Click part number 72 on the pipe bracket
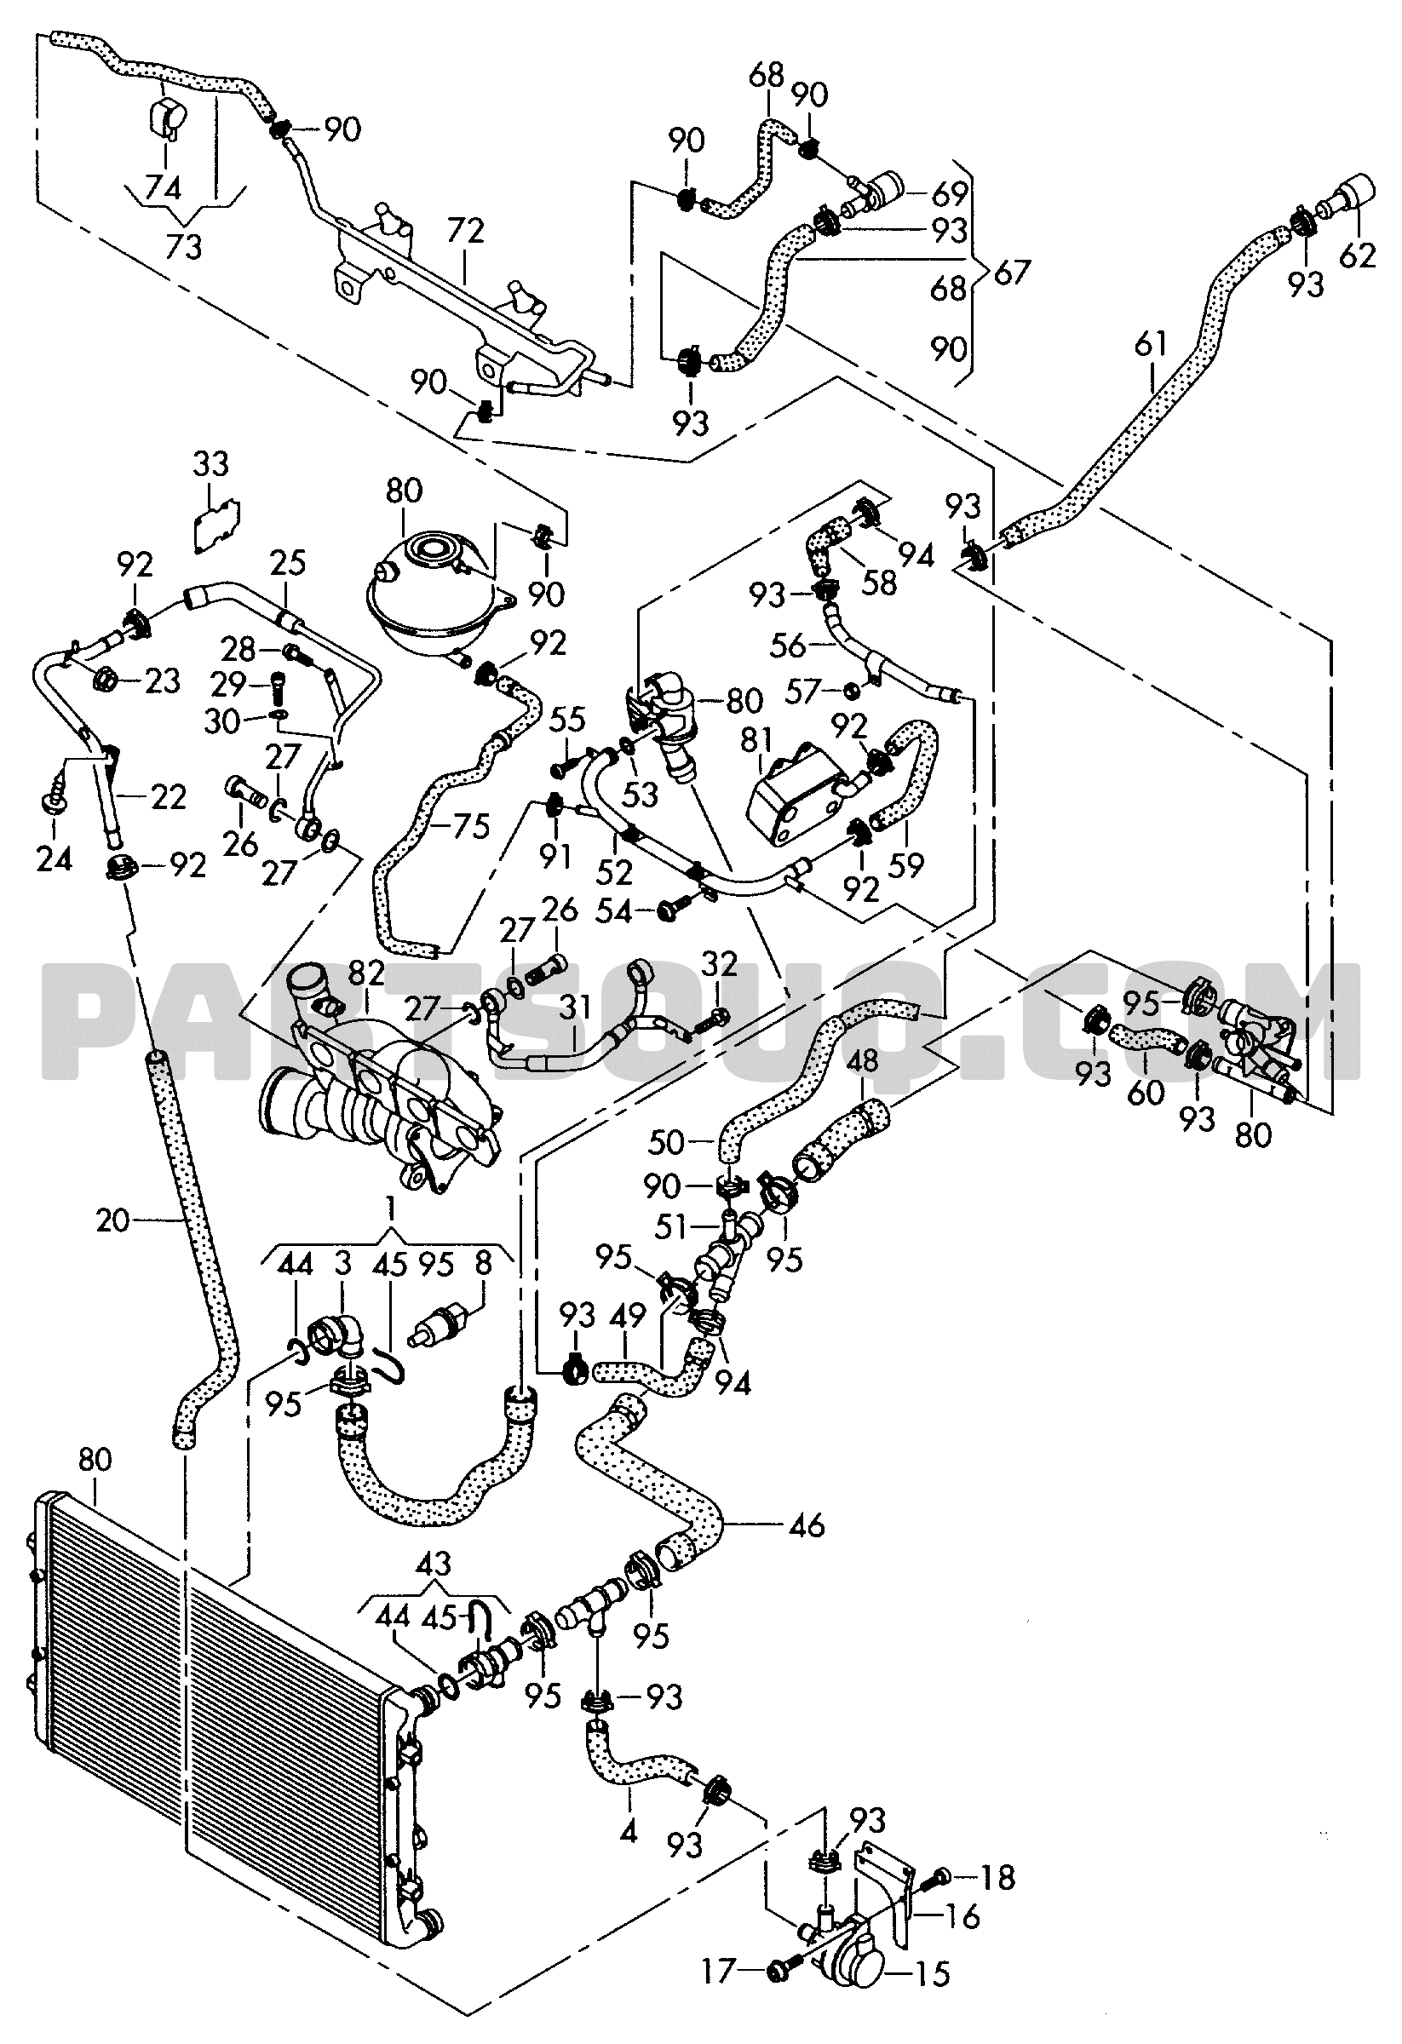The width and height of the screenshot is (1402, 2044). tap(464, 232)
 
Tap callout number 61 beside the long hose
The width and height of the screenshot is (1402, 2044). tap(1152, 343)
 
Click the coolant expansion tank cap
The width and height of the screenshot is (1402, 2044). tap(432, 552)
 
